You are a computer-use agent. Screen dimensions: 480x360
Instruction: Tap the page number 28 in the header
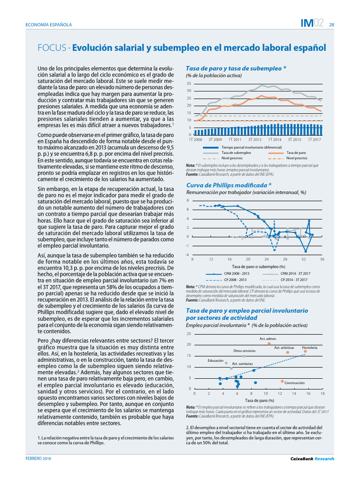(331, 25)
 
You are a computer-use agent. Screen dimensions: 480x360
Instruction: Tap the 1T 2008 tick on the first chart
(195, 140)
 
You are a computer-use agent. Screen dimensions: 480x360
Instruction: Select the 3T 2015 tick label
(294, 140)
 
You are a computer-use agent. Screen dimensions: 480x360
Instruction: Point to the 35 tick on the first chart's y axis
(188, 83)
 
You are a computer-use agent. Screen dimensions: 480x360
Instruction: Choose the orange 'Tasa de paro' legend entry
(295, 153)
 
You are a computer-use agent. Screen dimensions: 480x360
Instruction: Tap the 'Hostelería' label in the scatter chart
(310, 347)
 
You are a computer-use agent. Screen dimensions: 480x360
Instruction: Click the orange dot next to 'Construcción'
(282, 381)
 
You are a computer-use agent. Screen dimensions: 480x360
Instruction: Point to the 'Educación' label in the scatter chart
(216, 360)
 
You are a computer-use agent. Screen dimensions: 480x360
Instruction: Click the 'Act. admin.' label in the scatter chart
(268, 338)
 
